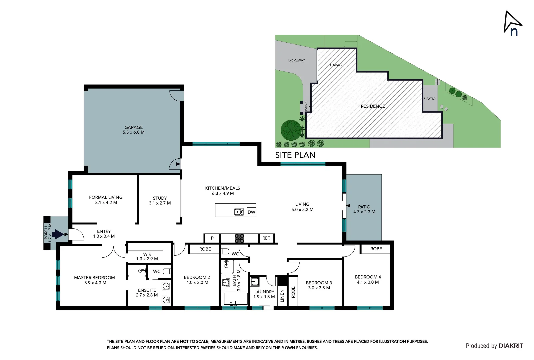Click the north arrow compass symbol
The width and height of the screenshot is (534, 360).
(x=512, y=23)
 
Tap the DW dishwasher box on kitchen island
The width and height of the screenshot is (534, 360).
(x=251, y=212)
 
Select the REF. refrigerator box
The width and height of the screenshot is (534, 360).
(x=266, y=238)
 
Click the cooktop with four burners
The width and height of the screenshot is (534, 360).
(x=239, y=238)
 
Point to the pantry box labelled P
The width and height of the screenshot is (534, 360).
(x=212, y=238)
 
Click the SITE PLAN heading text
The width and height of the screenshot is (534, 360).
(x=295, y=155)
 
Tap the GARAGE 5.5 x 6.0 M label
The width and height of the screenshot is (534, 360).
(x=134, y=130)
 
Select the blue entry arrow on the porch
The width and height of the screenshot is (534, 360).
(x=58, y=234)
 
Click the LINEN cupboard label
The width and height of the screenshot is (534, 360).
(x=282, y=296)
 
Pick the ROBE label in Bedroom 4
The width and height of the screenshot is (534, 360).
(x=376, y=249)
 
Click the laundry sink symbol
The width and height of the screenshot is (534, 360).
(x=255, y=282)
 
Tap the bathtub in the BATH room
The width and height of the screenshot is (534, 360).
(x=235, y=299)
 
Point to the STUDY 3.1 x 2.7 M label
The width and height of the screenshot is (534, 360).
(x=160, y=200)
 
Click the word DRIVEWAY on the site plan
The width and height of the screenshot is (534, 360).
(x=296, y=60)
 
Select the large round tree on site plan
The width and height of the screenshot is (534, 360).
(x=291, y=130)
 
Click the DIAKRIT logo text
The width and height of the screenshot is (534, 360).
(x=511, y=346)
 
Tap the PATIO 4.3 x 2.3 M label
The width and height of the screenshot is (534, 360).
(x=364, y=209)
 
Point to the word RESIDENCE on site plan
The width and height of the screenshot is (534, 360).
(x=373, y=106)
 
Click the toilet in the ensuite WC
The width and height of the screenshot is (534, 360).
(x=167, y=271)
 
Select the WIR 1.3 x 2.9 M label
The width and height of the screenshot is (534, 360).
(x=147, y=256)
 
